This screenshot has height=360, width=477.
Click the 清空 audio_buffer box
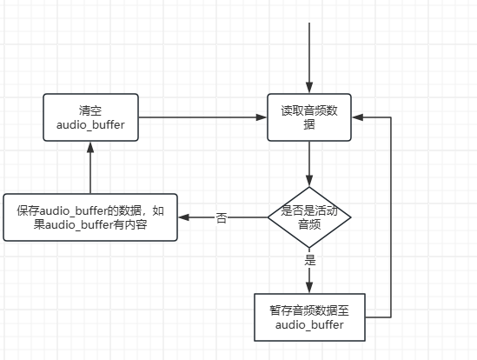click(90, 117)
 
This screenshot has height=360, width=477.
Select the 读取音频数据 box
click(309, 117)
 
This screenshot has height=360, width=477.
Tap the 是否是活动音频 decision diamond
click(309, 217)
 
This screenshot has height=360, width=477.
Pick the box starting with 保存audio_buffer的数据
click(90, 217)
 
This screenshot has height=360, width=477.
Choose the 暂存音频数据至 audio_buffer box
click(309, 317)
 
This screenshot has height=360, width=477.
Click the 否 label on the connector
click(221, 218)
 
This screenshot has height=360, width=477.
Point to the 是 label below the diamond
click(309, 260)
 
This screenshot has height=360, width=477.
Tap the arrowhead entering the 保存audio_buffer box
click(184, 217)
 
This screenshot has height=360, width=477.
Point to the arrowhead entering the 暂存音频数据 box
click(309, 288)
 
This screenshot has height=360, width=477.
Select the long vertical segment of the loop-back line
click(392, 217)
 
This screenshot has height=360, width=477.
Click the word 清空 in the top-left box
click(90, 110)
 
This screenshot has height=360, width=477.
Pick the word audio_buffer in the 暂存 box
click(309, 324)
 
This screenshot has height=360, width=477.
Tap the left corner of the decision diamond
click(268, 217)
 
